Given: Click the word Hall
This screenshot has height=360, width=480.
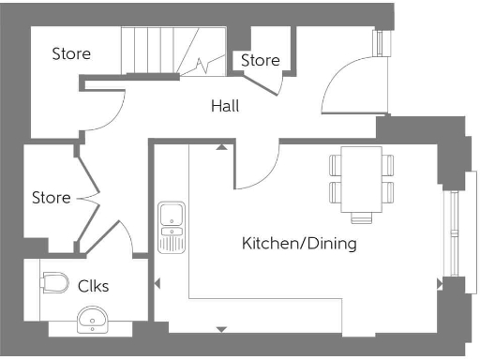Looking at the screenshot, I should (x=225, y=106).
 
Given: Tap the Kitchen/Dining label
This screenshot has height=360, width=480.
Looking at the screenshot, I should (x=299, y=244).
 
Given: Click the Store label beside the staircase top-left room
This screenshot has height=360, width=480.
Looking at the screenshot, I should (x=71, y=53).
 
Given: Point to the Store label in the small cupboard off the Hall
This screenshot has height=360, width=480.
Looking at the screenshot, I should (x=260, y=60).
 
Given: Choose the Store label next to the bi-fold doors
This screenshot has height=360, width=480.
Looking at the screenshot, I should (x=51, y=198).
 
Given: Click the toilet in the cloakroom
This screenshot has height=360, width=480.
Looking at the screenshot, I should (x=55, y=281).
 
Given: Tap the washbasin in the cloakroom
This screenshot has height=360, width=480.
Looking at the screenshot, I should (x=94, y=322).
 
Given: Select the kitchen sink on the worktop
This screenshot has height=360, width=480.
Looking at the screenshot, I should (x=172, y=227).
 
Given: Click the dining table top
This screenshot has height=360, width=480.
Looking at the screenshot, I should (x=361, y=178).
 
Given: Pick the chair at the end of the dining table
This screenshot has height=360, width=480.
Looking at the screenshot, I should (x=361, y=218).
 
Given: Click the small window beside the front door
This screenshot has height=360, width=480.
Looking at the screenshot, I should (x=381, y=43).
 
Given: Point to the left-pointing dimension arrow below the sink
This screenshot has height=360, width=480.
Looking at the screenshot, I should (x=157, y=283).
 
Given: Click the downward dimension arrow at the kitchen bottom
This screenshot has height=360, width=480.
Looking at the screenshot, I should (x=221, y=329).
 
